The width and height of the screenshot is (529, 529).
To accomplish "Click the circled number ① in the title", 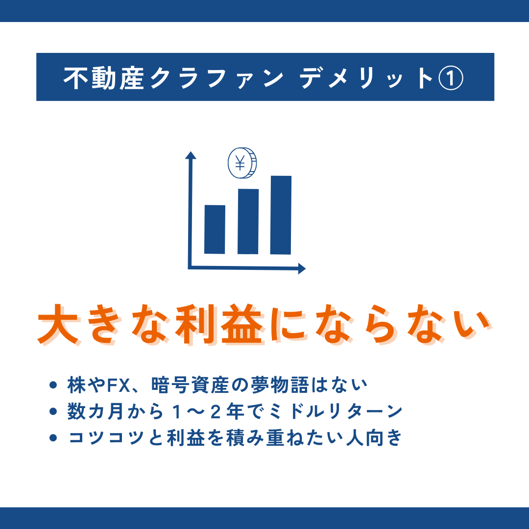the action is click(x=451, y=78).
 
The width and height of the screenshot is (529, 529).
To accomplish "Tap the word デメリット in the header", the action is click(x=366, y=78).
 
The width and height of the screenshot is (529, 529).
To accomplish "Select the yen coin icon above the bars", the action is click(x=242, y=163).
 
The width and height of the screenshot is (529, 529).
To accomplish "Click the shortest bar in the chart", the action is click(x=215, y=229).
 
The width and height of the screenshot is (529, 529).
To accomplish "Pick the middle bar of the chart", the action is click(x=248, y=222).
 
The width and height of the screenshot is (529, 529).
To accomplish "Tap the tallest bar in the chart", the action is click(x=281, y=215).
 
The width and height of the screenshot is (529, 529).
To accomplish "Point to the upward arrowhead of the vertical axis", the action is click(x=191, y=155).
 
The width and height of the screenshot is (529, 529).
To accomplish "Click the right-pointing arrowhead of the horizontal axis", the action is click(x=302, y=269).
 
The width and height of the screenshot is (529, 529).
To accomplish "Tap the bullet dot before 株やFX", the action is click(x=53, y=385).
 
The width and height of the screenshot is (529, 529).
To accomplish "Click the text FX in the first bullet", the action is click(x=119, y=385).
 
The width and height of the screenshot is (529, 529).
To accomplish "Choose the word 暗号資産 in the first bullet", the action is click(x=190, y=385).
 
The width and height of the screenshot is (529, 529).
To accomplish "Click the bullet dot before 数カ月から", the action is click(x=53, y=411).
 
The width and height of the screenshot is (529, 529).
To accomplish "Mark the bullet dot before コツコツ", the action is click(x=53, y=437).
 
